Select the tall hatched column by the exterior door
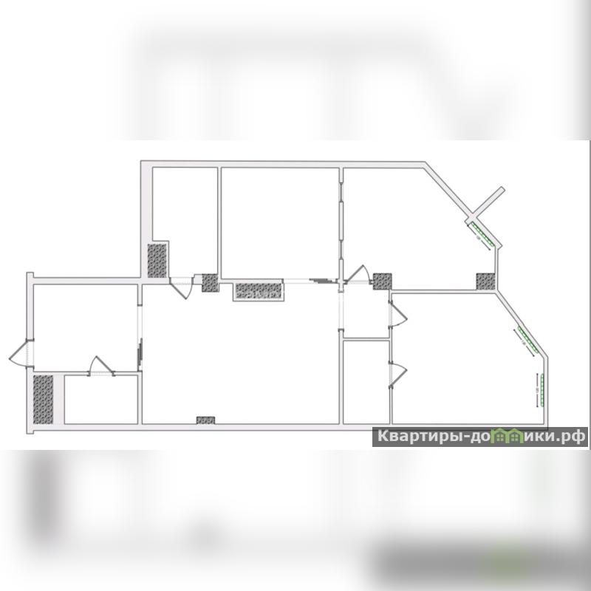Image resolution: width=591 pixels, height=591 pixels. pos(44,399)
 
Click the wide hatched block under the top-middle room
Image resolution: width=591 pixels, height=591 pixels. pos(259,290)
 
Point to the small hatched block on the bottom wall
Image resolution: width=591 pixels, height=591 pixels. pos(205,420)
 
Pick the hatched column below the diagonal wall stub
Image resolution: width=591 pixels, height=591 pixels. pos(485,281)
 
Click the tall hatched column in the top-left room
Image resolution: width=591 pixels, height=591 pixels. pos(157,260)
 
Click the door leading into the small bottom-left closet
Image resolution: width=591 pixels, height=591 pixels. pos(101,367)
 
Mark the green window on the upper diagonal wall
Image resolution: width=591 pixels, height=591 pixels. pos(481,233)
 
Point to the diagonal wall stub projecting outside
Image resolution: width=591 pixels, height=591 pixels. pos(488,202)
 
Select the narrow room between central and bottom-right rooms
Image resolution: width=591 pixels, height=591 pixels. pos(366,381)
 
